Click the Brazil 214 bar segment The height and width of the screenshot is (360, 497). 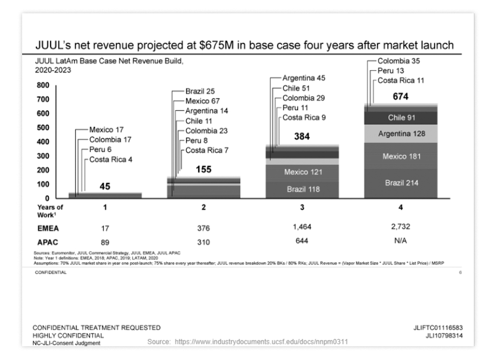point(401,182)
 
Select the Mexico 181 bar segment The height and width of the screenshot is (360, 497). point(401,156)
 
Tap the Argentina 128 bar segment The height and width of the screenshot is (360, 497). point(401,133)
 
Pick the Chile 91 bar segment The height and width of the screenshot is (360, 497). point(401,118)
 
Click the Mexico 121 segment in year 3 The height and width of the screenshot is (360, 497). point(302,172)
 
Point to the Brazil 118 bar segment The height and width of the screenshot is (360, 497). point(302,189)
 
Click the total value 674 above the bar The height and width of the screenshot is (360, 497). point(400,97)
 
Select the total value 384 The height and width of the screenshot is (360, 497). point(302,137)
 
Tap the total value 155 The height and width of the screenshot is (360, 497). point(203,169)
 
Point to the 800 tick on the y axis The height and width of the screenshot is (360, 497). point(44,85)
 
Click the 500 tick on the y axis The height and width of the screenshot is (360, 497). point(44,127)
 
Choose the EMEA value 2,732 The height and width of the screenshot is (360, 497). point(400,227)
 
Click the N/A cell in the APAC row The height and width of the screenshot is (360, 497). point(400,241)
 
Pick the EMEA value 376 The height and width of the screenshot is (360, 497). point(203,228)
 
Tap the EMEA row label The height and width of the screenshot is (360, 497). point(48,228)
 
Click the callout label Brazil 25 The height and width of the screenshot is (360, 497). point(200,91)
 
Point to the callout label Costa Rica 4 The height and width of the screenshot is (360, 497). point(111,159)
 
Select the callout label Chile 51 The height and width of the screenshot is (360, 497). point(297,88)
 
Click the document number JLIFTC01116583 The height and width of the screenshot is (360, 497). point(437,327)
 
